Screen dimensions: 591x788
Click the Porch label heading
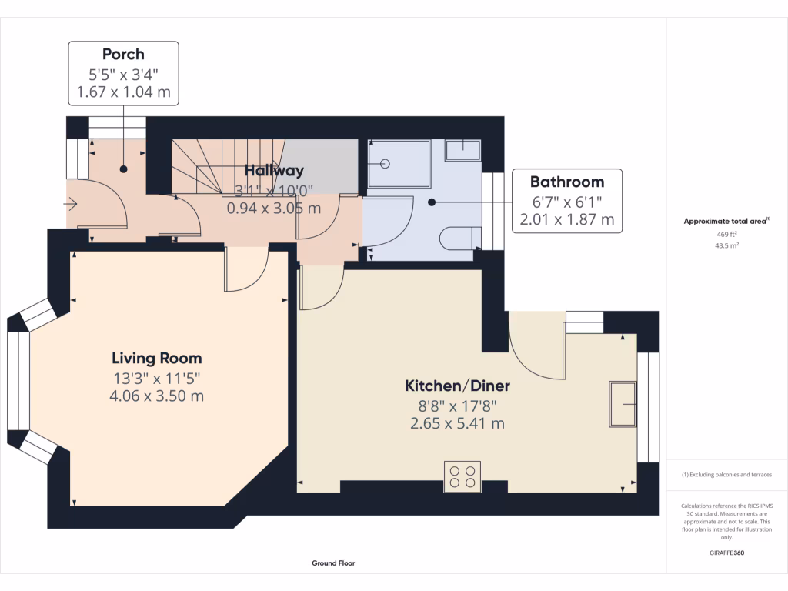pyautogui.click(x=123, y=54)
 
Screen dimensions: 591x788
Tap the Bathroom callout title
pyautogui.click(x=566, y=182)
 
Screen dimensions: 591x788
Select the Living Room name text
pyautogui.click(x=157, y=358)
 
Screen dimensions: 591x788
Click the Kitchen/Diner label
pyautogui.click(x=458, y=386)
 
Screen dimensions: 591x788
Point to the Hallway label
pyautogui.click(x=274, y=171)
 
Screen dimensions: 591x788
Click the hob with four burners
pyautogui.click(x=462, y=476)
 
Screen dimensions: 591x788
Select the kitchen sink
pyautogui.click(x=623, y=404)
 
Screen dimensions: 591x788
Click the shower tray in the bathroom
pyautogui.click(x=399, y=163)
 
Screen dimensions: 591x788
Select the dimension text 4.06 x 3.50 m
pyautogui.click(x=157, y=396)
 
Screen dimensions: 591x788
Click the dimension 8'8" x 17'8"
pyautogui.click(x=458, y=406)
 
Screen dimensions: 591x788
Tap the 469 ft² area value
pyautogui.click(x=726, y=234)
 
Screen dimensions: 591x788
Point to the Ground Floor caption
pyautogui.click(x=333, y=563)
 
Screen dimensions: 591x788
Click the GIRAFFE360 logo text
pyautogui.click(x=726, y=553)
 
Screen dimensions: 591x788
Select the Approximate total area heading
pyautogui.click(x=726, y=221)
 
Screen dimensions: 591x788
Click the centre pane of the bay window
pyautogui.click(x=18, y=381)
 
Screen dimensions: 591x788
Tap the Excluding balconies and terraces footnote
pyautogui.click(x=726, y=475)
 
